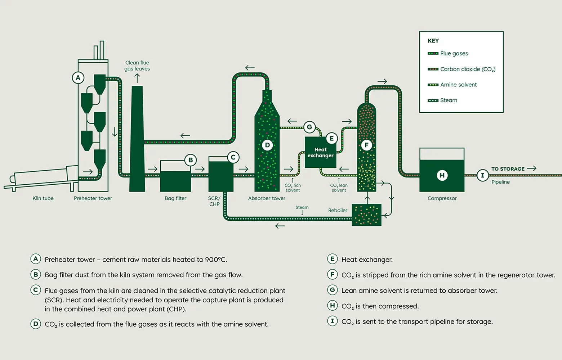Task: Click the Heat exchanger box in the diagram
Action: [x=320, y=153]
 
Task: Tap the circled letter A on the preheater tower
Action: [x=78, y=78]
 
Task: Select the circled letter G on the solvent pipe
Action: [x=309, y=127]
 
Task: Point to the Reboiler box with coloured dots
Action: [x=366, y=215]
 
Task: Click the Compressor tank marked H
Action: [x=442, y=175]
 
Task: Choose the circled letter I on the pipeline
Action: [x=482, y=175]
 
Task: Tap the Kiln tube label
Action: [x=43, y=198]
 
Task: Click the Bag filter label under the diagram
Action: [x=175, y=198]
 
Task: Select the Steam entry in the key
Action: [x=449, y=100]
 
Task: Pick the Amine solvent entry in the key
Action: [x=458, y=85]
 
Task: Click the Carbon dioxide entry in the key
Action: [x=468, y=69]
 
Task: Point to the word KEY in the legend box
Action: [x=433, y=41]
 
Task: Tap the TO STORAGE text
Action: [x=508, y=169]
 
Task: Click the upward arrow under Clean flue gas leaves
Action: [x=137, y=78]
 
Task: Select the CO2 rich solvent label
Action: [x=293, y=188]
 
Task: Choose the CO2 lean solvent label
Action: [x=339, y=188]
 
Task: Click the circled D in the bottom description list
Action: [x=36, y=324]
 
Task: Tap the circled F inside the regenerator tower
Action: [x=366, y=145]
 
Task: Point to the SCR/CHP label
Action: [x=214, y=201]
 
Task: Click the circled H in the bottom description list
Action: [x=333, y=306]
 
